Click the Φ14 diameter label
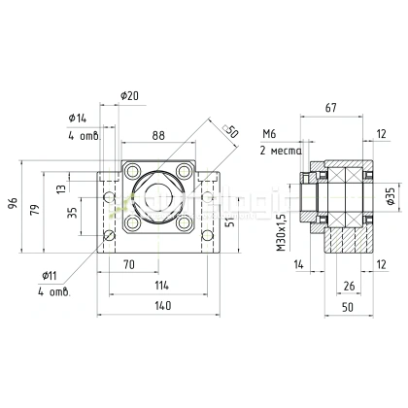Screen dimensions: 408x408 pyautogui.click(x=78, y=118)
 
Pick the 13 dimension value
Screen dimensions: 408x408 pyautogui.click(x=63, y=188)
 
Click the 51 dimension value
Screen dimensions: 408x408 pyautogui.click(x=228, y=221)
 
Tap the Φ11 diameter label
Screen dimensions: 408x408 pyautogui.click(x=51, y=275)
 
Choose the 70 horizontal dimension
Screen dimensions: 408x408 pyautogui.click(x=128, y=263)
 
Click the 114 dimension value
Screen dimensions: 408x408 pyautogui.click(x=161, y=285)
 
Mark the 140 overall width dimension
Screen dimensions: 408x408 pyautogui.click(x=161, y=306)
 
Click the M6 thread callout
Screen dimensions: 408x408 pyautogui.click(x=269, y=135)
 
